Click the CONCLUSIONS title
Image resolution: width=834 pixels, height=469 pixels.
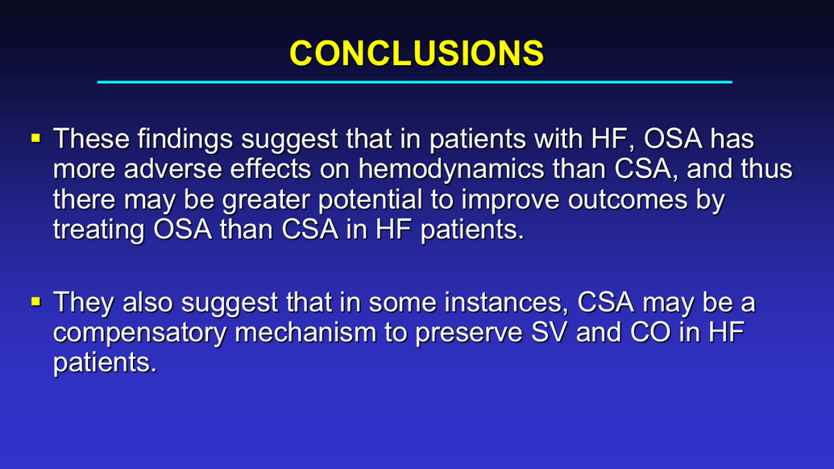[417, 53]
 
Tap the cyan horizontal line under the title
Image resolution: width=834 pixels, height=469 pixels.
[414, 82]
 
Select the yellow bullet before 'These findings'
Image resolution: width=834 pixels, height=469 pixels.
[35, 139]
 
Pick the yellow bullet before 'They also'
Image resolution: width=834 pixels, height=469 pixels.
[35, 302]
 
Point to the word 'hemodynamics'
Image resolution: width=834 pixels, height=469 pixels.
[451, 169]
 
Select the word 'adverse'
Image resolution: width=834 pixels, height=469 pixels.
[173, 169]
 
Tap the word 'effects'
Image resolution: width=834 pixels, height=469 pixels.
[271, 169]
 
